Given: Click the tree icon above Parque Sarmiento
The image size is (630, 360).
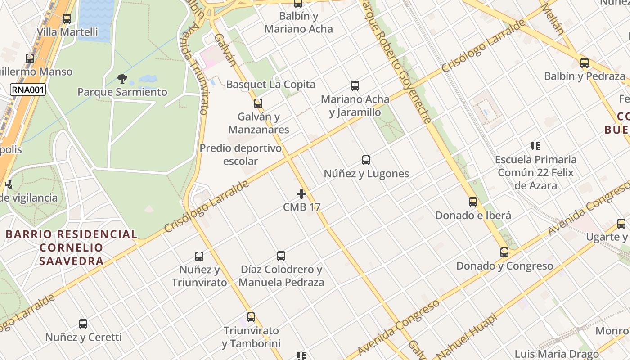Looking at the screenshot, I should point(122,79).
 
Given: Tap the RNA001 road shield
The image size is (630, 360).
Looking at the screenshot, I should point(28,90).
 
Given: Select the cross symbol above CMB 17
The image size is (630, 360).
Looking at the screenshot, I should point(301,194).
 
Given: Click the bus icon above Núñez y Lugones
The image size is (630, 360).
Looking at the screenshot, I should point(366,160).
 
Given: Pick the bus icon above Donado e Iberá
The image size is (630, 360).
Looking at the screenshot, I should point(473,202).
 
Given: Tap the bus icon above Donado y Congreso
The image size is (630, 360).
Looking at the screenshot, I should point(504,252).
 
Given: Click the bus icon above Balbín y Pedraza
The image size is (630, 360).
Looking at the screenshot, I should point(585,63).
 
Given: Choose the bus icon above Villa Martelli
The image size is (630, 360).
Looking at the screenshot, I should point(67,19).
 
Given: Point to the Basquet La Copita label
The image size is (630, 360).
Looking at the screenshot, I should point(270,85).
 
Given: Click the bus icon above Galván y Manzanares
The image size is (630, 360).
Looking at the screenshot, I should point(258,103).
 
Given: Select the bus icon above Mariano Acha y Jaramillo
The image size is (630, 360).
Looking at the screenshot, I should point(355,86).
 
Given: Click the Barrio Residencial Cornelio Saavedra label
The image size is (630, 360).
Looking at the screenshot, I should point(72,247).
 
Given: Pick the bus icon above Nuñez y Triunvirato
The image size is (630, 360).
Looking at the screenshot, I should point(199,256).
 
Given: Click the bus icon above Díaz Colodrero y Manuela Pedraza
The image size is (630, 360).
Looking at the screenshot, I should point(281,256).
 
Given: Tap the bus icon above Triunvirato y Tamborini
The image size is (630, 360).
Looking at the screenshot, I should point(251,317).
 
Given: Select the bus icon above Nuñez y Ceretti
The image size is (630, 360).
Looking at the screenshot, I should point(83,324).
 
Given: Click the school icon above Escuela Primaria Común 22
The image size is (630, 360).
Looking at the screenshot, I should point(535,146).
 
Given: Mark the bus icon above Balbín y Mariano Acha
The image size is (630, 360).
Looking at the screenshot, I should point(298,4).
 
